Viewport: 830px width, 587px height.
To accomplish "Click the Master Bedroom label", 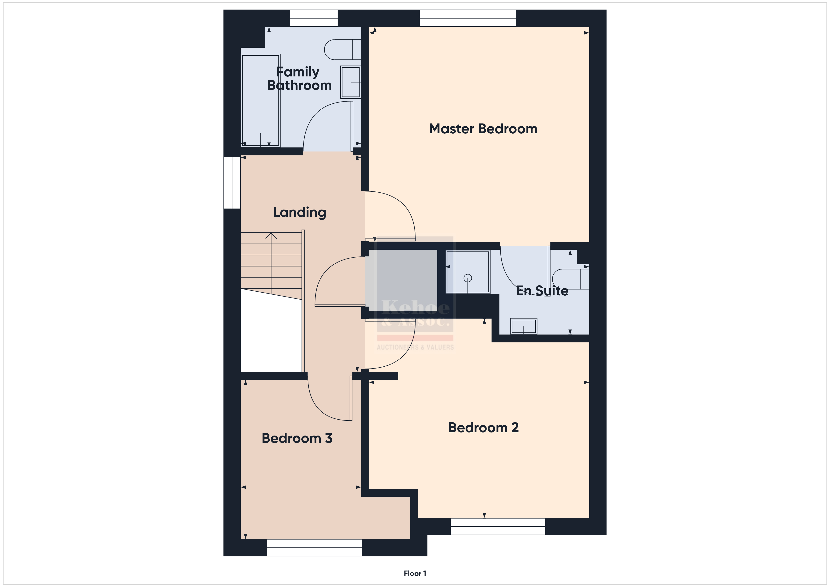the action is (x=483, y=129).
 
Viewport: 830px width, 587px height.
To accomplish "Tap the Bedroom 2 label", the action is (x=483, y=428).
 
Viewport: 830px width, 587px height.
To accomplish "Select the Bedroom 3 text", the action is (x=297, y=438).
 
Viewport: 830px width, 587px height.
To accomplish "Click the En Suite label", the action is (x=542, y=291).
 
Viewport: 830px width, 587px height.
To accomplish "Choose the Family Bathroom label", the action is (x=299, y=79).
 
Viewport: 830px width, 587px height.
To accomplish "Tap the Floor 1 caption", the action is (x=415, y=573).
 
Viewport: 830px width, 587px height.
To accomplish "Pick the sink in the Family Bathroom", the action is (x=350, y=82).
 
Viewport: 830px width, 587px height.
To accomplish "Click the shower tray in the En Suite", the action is (x=468, y=272).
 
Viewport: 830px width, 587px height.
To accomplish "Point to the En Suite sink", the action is (x=523, y=326).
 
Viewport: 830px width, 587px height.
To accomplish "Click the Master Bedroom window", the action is (x=468, y=18).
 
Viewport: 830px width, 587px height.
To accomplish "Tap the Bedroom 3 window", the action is (x=315, y=547).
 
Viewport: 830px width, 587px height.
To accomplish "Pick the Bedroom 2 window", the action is (x=498, y=527).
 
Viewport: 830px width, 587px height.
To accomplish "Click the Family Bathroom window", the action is (x=314, y=18).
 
